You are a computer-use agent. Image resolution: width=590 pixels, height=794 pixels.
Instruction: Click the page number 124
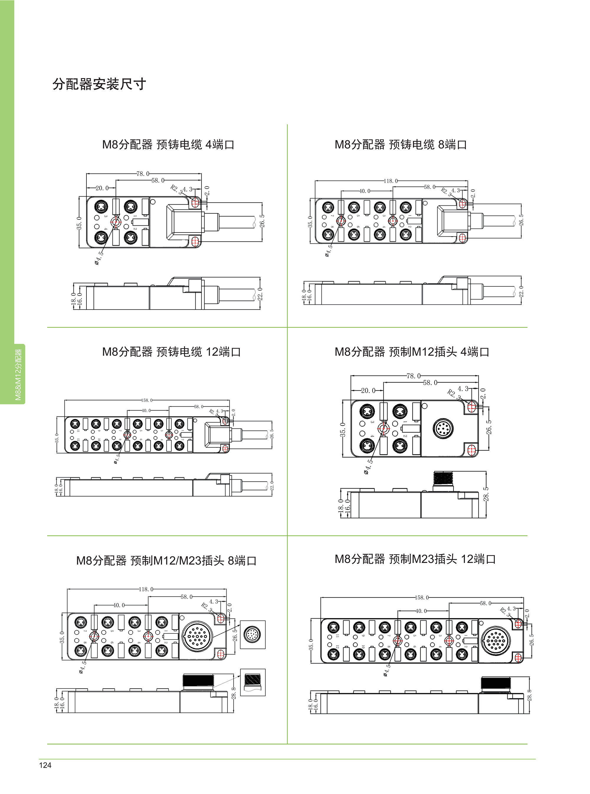pos(45,765)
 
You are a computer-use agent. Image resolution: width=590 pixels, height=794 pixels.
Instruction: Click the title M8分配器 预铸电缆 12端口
pos(171,352)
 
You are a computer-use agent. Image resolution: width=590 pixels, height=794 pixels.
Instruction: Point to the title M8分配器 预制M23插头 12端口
pos(415,559)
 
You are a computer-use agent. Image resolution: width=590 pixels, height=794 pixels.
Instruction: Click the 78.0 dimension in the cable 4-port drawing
pos(143,174)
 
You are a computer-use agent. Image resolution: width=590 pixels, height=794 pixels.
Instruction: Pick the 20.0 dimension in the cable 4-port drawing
pos(102,188)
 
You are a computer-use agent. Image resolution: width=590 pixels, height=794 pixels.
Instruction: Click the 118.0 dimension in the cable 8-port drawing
pos(391,181)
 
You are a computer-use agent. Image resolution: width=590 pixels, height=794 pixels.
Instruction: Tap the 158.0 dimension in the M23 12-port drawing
pos(422,597)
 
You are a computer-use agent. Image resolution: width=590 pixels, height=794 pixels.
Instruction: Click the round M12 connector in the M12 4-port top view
pos(443,428)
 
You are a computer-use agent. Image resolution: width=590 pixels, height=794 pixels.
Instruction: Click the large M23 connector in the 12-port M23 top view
pos(496,641)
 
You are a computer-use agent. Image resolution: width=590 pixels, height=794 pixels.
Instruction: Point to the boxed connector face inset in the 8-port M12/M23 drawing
pos(253,635)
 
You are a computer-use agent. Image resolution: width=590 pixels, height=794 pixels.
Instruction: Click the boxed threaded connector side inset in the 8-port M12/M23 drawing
pos(253,682)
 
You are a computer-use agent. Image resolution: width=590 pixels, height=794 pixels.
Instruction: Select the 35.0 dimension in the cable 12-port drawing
pos(57,438)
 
